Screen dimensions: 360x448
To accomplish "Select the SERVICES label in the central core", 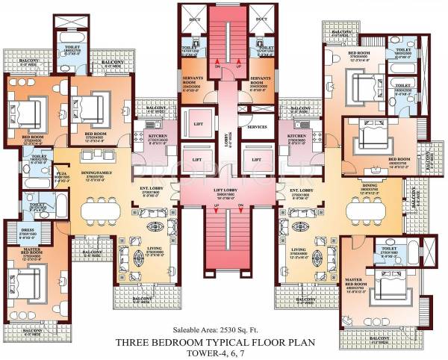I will [x=258, y=127].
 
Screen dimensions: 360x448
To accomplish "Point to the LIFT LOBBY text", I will [x=225, y=190].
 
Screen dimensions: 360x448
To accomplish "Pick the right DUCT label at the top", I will [x=261, y=20].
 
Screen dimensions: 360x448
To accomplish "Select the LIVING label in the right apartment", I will [x=299, y=249].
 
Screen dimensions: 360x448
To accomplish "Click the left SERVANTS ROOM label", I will [x=193, y=78].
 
